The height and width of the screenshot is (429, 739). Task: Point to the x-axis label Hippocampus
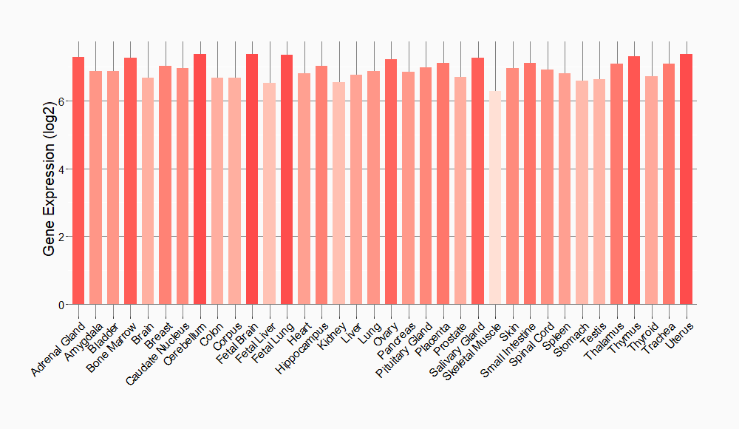tap(301, 347)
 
